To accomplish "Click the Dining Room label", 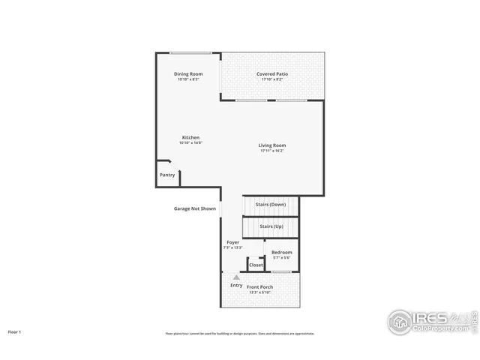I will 188,73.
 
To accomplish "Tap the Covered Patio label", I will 272,73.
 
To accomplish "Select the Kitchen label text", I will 190,137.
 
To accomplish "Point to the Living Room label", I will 272,145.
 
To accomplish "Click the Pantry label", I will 167,175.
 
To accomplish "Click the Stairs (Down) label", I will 271,204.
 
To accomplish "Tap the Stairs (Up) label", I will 271,226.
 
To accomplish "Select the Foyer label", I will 233,242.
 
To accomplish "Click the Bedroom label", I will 282,252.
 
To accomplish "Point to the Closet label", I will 256,265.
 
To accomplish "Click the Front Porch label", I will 260,287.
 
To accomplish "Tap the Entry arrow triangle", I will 236,277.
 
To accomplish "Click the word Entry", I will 236,285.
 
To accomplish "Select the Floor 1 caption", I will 14,331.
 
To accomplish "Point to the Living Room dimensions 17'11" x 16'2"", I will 272,151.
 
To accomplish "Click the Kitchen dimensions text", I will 190,142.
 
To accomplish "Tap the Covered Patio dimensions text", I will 272,79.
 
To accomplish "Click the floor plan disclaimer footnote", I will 240,333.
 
